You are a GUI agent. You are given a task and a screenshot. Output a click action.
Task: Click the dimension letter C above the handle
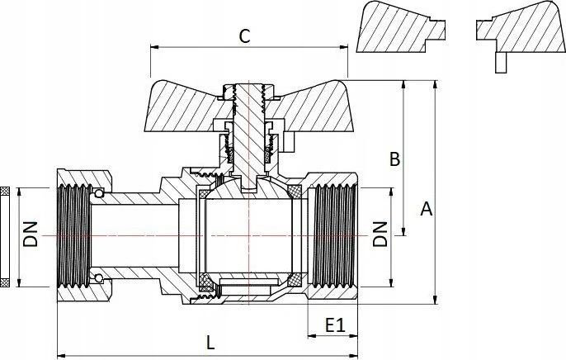click(244, 36)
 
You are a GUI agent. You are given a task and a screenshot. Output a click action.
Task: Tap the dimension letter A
click(427, 209)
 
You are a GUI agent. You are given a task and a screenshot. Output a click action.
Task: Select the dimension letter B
click(395, 159)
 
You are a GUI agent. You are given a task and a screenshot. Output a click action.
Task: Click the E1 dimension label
click(335, 325)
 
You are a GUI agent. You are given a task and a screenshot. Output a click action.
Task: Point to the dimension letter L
click(210, 343)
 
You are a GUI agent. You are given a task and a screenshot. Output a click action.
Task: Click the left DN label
click(31, 234)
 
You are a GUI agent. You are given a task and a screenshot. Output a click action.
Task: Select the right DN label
click(380, 234)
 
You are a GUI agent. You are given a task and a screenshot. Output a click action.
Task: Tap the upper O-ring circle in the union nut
click(98, 193)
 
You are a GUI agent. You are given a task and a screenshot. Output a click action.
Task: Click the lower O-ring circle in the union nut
click(98, 278)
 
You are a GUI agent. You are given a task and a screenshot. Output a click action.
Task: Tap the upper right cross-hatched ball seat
click(295, 192)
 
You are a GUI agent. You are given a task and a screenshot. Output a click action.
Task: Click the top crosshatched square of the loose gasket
click(5, 191)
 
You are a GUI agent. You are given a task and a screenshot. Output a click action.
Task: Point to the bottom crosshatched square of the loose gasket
click(5, 282)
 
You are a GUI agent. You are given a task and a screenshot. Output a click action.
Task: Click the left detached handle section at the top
click(401, 27)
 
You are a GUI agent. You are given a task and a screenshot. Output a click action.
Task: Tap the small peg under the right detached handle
click(501, 63)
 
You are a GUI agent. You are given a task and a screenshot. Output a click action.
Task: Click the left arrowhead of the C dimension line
click(154, 47)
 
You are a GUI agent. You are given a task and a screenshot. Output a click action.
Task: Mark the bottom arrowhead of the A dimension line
click(436, 300)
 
